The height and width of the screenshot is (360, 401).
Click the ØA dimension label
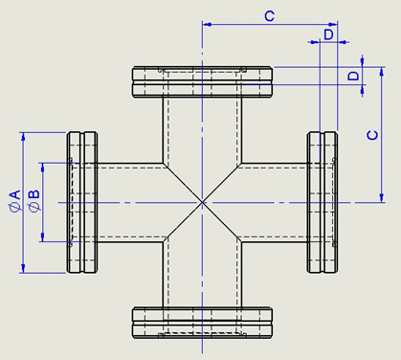click(14, 200)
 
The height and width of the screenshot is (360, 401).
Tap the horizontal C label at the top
click(270, 15)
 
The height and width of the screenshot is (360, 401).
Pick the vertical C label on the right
click(372, 135)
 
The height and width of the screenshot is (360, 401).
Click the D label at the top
click(328, 34)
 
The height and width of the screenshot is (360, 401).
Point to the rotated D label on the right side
click(353, 76)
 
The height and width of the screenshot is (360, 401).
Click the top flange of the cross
click(202, 81)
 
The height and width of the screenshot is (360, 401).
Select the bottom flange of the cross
click(202, 323)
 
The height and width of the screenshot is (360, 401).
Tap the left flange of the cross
click(82, 202)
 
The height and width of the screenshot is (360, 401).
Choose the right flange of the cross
click(323, 202)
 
